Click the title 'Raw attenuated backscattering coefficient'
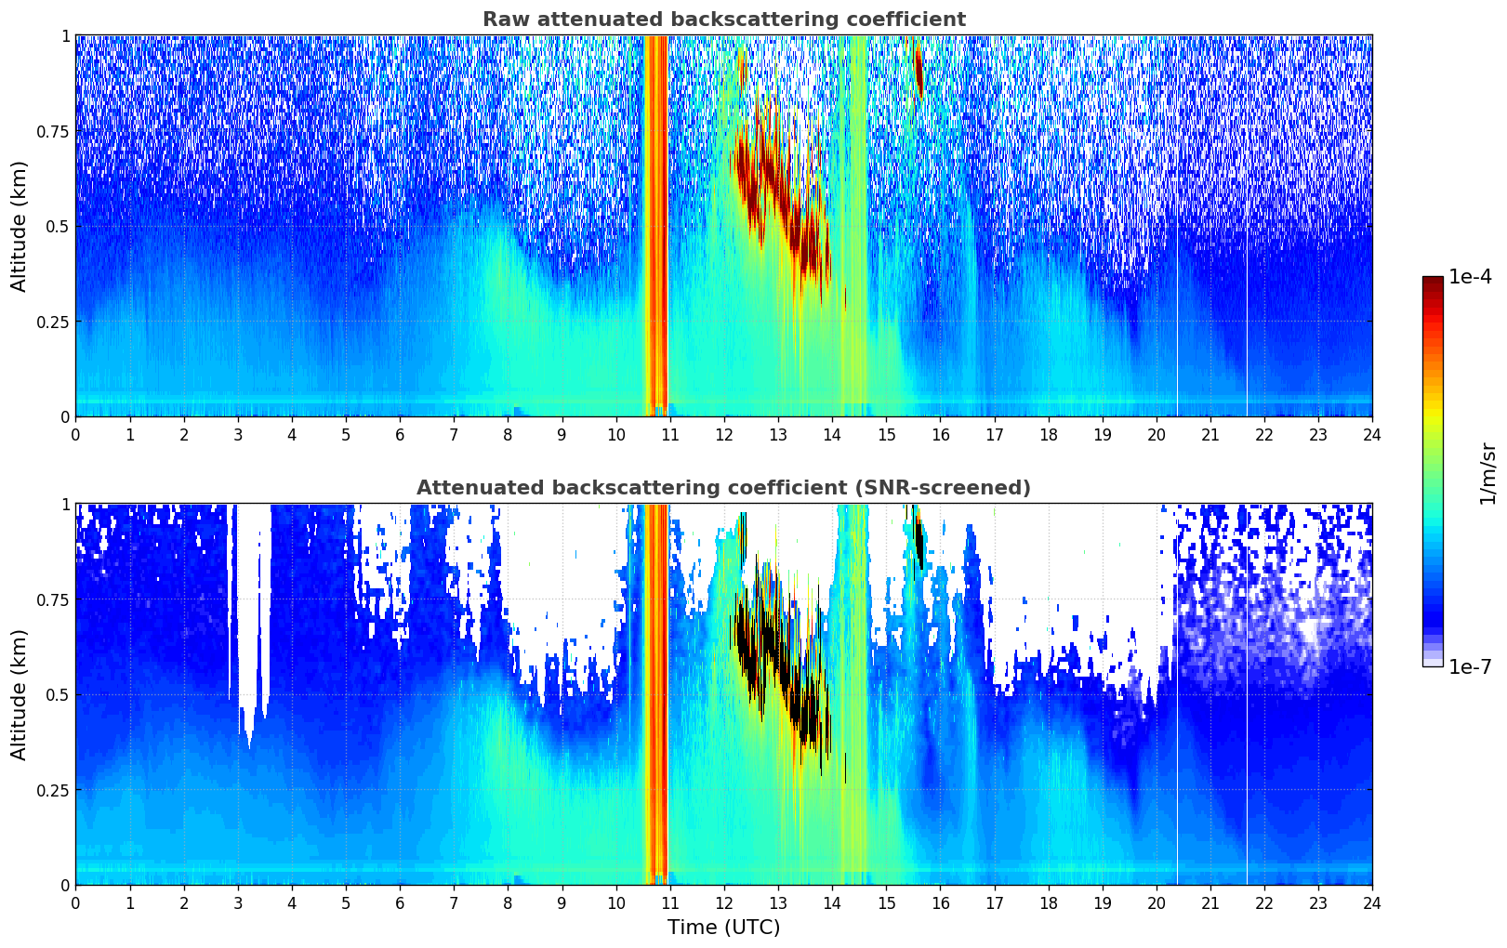point(724,19)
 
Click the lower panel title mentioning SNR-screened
point(724,487)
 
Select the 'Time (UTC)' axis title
point(724,928)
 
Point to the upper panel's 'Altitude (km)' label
point(19,227)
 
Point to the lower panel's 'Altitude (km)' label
point(19,694)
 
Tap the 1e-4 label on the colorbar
point(1470,276)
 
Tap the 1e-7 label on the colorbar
point(1470,666)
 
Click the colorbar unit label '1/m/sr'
point(1487,473)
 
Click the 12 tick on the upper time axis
point(724,435)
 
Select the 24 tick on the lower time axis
point(1372,903)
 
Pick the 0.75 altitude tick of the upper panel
point(52,131)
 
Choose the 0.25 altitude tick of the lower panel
point(52,790)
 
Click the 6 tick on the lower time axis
point(400,903)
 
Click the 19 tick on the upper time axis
point(1102,435)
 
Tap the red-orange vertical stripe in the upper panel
point(656,226)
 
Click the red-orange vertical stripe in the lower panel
point(656,694)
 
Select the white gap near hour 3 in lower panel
point(249,605)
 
